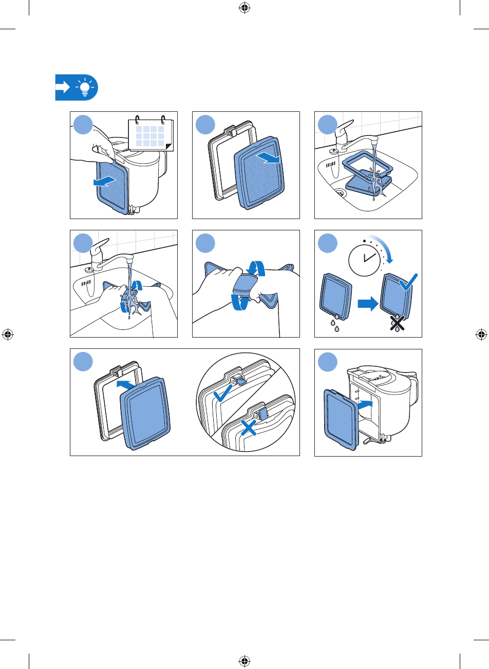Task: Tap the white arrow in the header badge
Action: (x=63, y=88)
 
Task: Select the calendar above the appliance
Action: (x=151, y=134)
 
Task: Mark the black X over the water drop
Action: (x=396, y=322)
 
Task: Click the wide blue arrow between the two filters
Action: (x=368, y=305)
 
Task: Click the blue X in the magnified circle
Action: (x=249, y=425)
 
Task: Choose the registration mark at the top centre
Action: (x=244, y=7)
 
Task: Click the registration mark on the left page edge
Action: (x=7, y=334)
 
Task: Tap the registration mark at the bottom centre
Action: (x=244, y=662)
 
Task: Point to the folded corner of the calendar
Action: (x=169, y=147)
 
